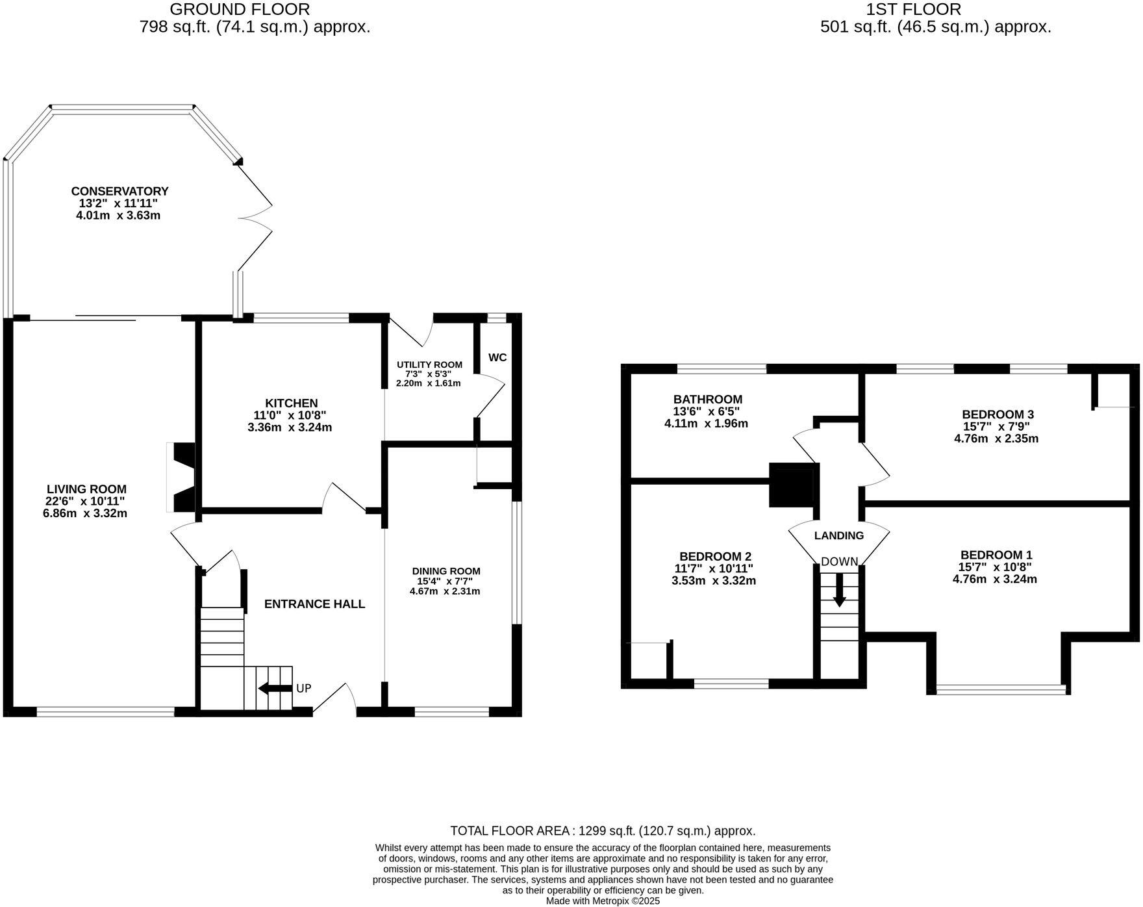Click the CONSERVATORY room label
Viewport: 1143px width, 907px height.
119,191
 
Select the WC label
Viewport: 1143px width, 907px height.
497,357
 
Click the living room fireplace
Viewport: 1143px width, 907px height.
182,478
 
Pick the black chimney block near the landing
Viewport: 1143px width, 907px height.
792,485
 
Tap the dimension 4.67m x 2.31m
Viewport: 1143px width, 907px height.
445,592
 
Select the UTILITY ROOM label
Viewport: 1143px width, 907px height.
429,364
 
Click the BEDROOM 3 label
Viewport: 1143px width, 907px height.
998,415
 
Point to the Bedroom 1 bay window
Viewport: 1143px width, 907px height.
1001,689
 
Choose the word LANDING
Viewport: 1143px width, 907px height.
839,536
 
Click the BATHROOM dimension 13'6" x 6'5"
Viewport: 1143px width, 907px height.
707,411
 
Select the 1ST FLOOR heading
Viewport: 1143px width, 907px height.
913,9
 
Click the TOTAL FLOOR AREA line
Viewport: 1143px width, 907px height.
603,831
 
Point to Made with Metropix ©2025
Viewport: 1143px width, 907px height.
603,901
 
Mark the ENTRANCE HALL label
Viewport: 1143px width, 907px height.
314,604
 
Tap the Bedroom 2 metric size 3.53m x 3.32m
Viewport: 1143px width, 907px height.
714,581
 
